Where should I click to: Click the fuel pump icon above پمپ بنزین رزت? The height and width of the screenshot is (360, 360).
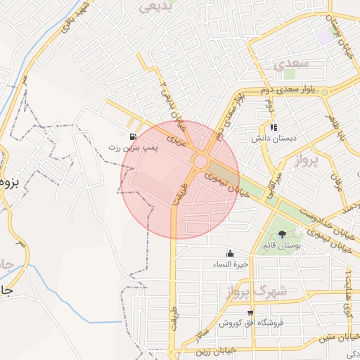coord(133,136)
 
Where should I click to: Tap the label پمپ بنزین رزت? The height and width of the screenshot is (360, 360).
coord(134,148)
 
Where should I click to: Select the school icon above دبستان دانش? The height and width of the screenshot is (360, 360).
coord(274,127)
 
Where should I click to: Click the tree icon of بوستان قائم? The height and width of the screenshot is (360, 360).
coord(283,233)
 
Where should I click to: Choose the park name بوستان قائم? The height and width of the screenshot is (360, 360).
coord(283,245)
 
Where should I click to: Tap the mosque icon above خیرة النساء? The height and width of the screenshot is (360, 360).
coord(231,253)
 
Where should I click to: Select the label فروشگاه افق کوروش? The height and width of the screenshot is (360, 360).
coord(250,323)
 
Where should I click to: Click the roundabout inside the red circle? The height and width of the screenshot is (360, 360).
coord(200,162)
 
